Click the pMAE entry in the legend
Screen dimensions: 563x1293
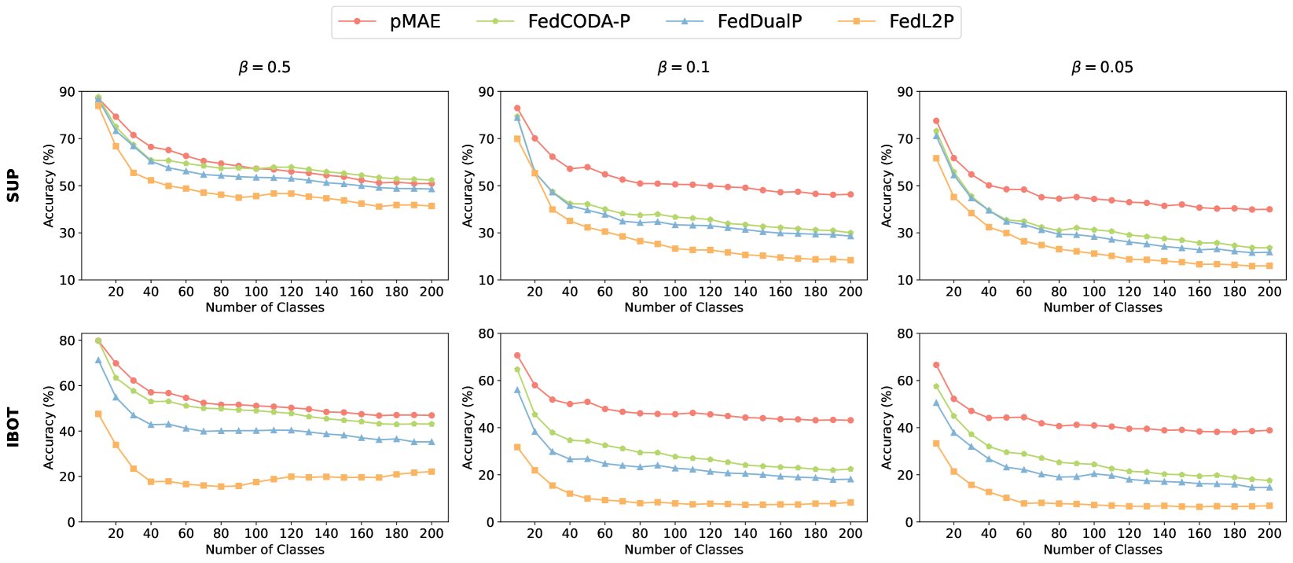click(415, 22)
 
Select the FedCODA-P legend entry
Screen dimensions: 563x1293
click(579, 22)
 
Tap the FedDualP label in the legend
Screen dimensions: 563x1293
click(759, 22)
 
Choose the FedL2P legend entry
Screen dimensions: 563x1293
click(921, 22)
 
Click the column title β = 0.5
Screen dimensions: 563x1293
click(264, 68)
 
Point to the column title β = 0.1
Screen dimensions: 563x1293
click(683, 68)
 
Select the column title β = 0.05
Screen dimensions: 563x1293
click(1102, 68)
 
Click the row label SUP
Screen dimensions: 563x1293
click(13, 186)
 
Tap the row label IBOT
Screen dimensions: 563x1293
click(13, 428)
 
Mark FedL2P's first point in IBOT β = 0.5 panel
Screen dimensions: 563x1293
click(98, 414)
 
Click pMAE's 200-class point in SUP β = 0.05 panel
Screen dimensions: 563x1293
click(1269, 209)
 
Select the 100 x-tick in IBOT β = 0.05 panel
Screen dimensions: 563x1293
click(1094, 533)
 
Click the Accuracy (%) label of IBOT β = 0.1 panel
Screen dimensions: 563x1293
click(468, 428)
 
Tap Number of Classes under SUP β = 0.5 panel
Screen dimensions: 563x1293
click(265, 307)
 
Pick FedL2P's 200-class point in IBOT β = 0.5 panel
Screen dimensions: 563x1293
click(432, 472)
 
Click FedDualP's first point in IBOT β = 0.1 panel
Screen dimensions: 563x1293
click(517, 389)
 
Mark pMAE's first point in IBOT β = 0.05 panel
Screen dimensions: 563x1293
click(936, 365)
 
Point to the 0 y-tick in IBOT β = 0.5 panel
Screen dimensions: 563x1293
click(71, 522)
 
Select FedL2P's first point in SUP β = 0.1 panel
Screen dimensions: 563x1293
click(517, 138)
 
